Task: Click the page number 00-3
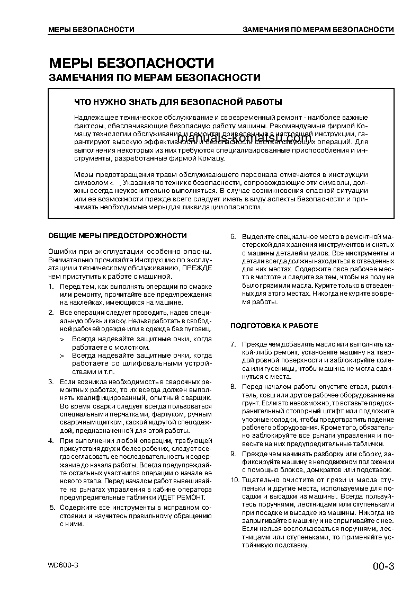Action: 383,566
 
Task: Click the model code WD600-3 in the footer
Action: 63,565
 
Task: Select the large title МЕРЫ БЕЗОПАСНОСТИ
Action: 131,64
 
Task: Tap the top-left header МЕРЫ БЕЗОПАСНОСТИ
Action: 91,29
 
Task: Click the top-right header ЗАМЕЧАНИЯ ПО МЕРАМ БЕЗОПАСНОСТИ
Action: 318,29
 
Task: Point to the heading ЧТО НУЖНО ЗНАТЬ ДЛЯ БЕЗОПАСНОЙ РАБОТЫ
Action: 178,102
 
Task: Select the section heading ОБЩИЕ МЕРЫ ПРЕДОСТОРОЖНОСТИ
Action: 117,235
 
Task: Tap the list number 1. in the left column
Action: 51,287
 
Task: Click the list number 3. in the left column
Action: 51,381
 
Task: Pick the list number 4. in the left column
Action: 51,441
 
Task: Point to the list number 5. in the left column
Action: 52,508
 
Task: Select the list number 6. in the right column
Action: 233,236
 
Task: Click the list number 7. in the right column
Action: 233,345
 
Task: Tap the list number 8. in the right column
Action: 233,387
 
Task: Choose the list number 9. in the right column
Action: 233,454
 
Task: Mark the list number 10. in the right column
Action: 234,479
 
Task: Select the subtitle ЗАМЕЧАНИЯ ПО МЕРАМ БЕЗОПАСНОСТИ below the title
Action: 155,78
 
